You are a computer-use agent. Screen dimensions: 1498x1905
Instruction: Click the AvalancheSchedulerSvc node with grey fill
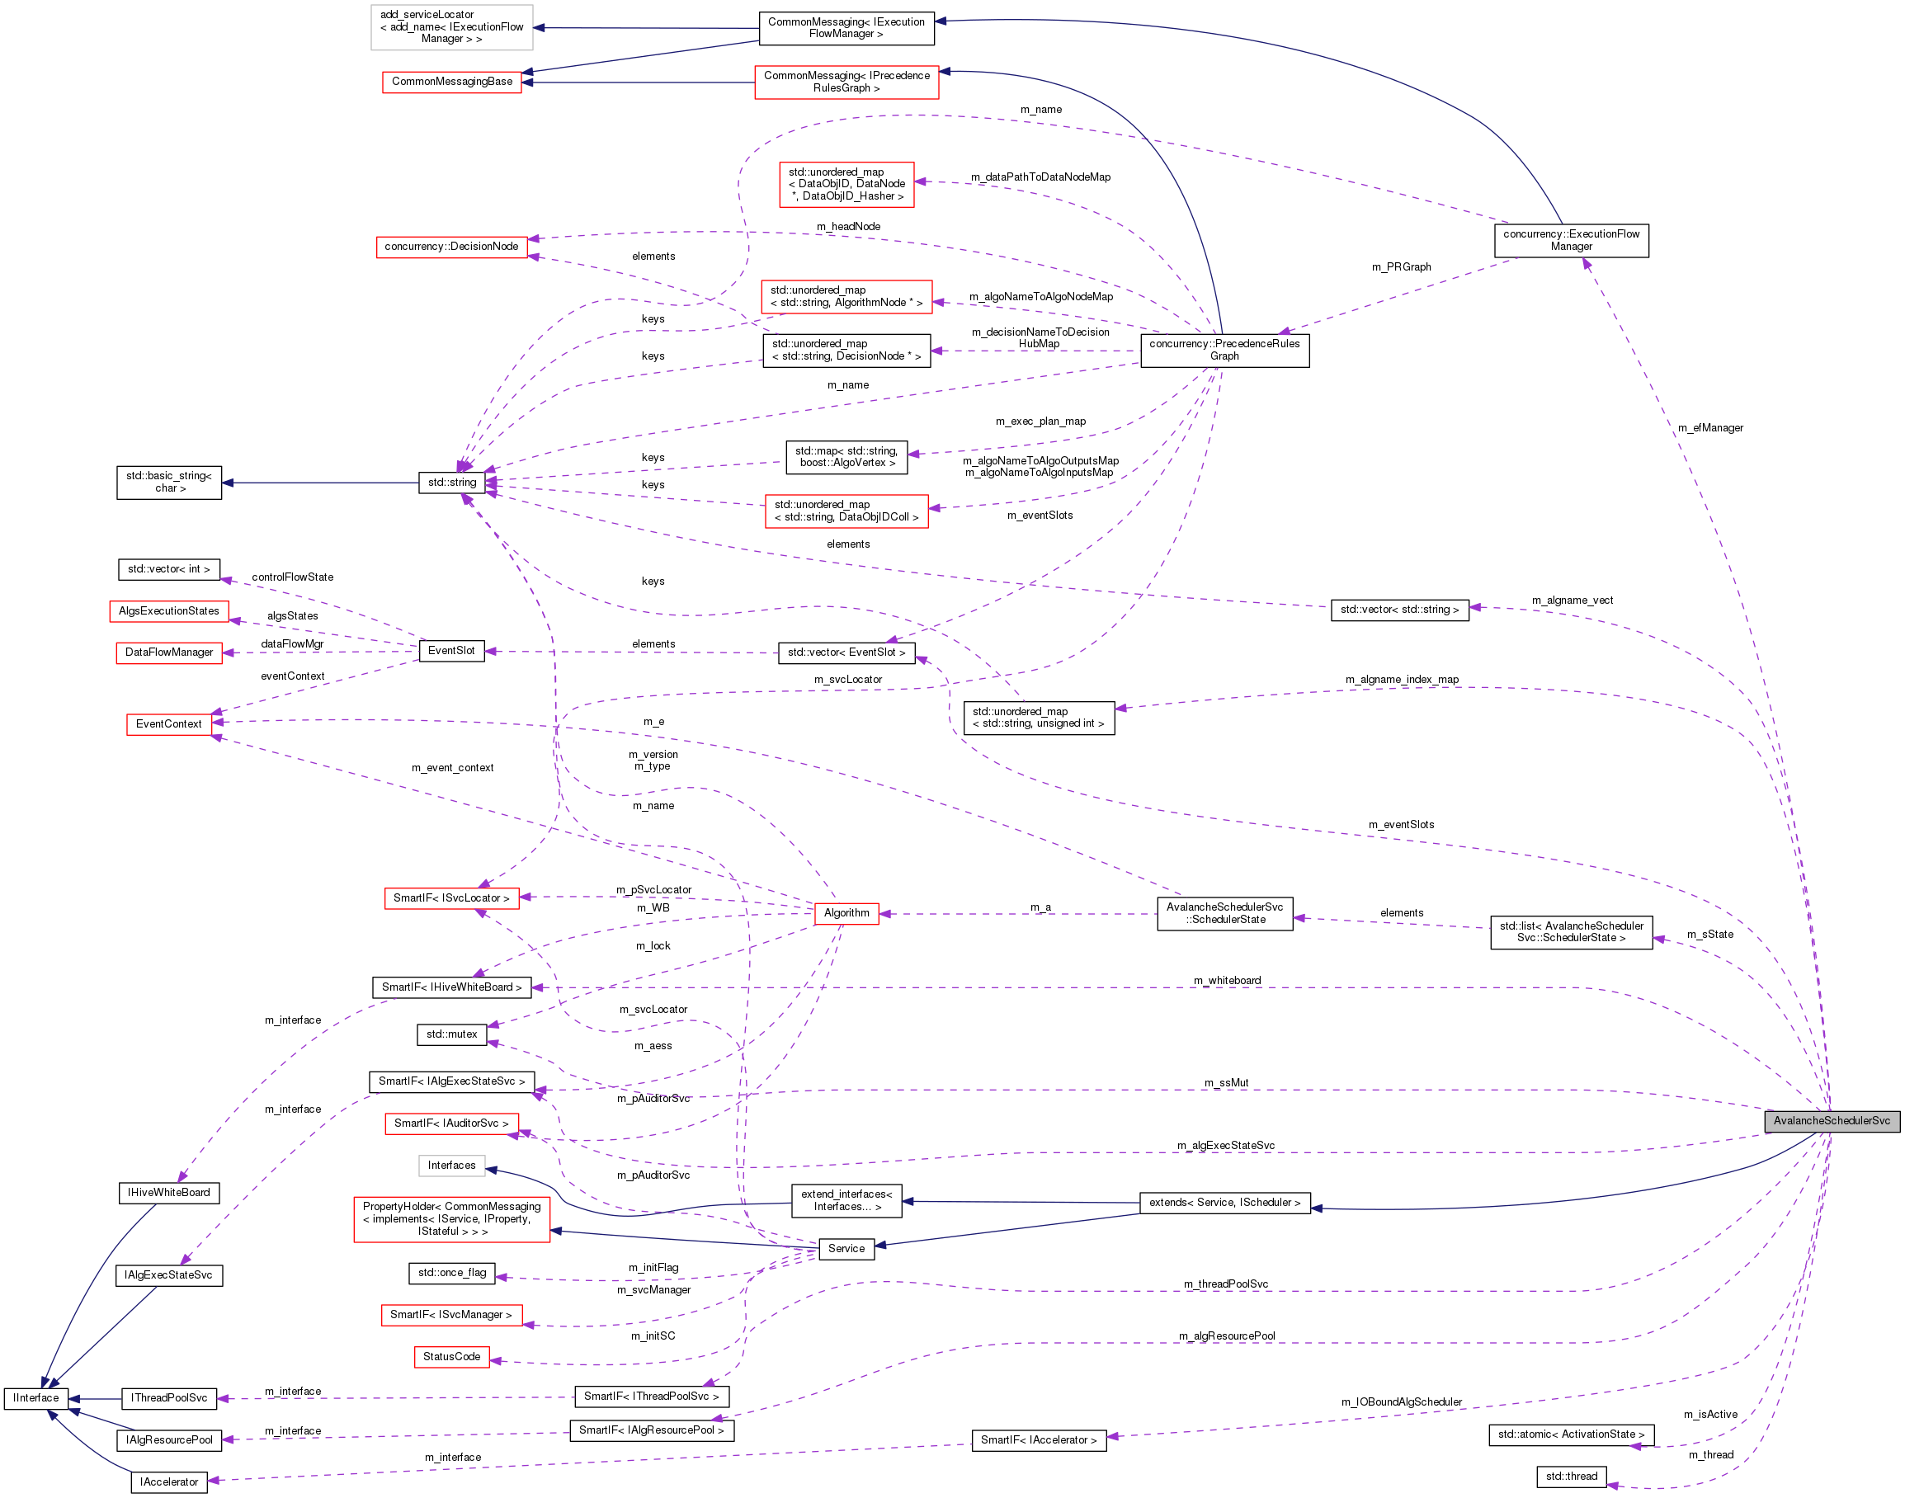tap(1832, 1121)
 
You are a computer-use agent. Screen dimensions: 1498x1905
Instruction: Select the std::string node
tap(451, 483)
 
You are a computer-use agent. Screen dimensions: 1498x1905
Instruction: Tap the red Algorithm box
tap(846, 913)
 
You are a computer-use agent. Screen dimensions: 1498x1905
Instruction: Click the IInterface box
tap(36, 1398)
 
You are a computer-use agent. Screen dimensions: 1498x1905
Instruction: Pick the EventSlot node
tap(450, 651)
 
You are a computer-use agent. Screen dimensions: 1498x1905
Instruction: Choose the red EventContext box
tap(168, 724)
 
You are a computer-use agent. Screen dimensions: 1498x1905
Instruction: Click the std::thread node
tap(1571, 1476)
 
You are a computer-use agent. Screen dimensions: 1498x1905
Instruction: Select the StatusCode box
tap(450, 1357)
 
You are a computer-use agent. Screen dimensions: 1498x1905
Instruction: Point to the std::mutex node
tap(451, 1035)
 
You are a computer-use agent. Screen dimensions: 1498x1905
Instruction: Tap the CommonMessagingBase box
tap(451, 82)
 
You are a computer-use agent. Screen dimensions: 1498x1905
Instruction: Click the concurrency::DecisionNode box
tap(450, 247)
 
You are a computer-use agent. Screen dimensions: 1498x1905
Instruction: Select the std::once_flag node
tap(451, 1273)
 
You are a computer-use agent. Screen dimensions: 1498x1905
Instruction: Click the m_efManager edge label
tap(1710, 428)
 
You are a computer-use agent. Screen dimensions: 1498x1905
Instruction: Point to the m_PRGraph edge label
tap(1401, 266)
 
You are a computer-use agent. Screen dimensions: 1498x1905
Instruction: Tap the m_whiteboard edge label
tap(1227, 981)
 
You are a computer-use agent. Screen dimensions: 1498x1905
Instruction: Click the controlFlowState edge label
tap(292, 577)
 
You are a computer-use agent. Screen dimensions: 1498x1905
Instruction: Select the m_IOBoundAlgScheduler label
tap(1402, 1401)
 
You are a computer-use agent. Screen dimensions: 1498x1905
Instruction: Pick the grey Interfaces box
tap(450, 1166)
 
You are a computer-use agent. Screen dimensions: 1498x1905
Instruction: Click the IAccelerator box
tap(169, 1482)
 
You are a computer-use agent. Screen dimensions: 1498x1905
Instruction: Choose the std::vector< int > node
tap(168, 569)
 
